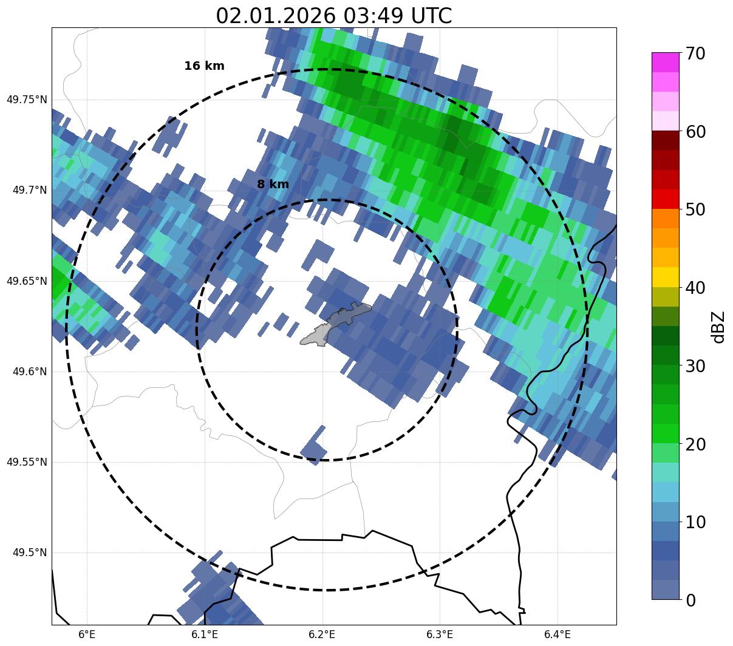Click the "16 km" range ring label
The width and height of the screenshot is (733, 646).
point(204,66)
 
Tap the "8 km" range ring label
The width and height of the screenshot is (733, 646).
point(273,185)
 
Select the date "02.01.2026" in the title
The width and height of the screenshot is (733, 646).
point(275,16)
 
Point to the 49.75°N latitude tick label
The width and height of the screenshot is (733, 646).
point(27,100)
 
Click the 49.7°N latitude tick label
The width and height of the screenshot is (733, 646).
point(30,191)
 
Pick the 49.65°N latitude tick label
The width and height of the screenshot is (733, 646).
point(27,281)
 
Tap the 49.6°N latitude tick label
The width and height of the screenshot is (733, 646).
point(30,372)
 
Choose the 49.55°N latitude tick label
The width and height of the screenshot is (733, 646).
point(27,462)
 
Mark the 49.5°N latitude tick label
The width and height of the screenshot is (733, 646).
point(30,552)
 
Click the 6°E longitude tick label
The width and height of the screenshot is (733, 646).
point(87,634)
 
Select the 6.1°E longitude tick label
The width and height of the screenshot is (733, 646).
point(205,634)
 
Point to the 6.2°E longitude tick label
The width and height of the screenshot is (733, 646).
point(322,634)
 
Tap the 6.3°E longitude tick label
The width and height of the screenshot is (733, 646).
point(440,634)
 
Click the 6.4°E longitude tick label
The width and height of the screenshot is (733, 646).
point(557,634)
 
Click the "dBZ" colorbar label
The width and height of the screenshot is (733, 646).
point(718,327)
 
